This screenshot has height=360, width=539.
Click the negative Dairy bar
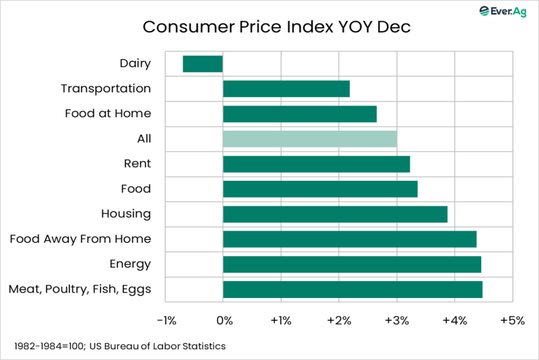point(203,63)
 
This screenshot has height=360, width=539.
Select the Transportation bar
point(286,88)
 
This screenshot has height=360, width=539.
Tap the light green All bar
point(310,139)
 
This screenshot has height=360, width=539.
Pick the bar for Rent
point(316,164)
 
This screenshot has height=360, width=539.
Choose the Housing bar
point(335,214)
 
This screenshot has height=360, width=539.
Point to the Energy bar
point(352,264)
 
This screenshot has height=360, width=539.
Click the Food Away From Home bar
point(350,239)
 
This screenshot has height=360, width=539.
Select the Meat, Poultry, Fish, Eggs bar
point(352,289)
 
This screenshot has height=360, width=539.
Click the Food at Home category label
point(108,113)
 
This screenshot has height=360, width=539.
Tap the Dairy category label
point(135,63)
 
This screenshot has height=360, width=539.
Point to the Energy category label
point(130,264)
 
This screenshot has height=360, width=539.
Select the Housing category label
point(125,214)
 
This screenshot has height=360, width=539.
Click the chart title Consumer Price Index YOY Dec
point(276,28)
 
